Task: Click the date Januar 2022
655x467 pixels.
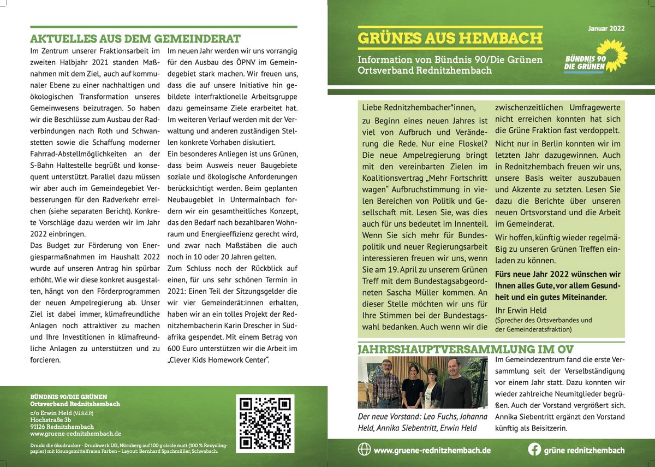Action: (x=606, y=28)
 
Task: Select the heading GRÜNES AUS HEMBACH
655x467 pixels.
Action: (x=450, y=38)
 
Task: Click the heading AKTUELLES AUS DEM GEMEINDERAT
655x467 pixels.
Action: (x=135, y=39)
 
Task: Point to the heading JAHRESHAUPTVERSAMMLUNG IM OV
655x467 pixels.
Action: (x=466, y=349)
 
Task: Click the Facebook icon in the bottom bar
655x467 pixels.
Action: (x=535, y=450)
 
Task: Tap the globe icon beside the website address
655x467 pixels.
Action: (x=364, y=450)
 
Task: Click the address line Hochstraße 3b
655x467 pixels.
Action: (x=51, y=420)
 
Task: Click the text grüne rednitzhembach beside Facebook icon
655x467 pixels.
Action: (x=584, y=450)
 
